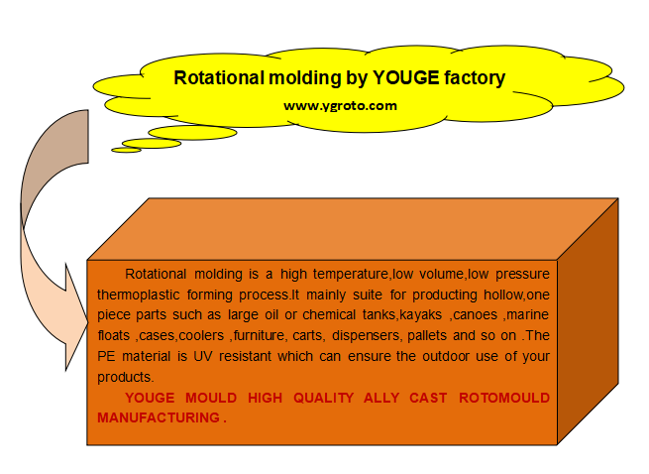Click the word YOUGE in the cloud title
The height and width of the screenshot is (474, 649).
click(x=406, y=77)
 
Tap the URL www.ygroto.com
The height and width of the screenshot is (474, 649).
click(x=340, y=106)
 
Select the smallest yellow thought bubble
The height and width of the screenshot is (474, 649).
click(x=126, y=150)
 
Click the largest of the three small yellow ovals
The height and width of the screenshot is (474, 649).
click(x=192, y=133)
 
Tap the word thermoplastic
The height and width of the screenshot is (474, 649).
click(x=139, y=295)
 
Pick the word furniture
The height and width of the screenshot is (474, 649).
click(x=259, y=335)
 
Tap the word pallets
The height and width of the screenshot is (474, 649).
click(x=427, y=335)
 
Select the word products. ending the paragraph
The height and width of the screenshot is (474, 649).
click(x=126, y=377)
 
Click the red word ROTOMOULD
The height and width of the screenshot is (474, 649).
click(x=504, y=398)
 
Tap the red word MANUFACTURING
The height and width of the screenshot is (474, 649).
click(x=159, y=417)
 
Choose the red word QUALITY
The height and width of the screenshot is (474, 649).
click(x=323, y=398)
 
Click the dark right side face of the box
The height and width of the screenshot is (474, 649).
click(x=588, y=321)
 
